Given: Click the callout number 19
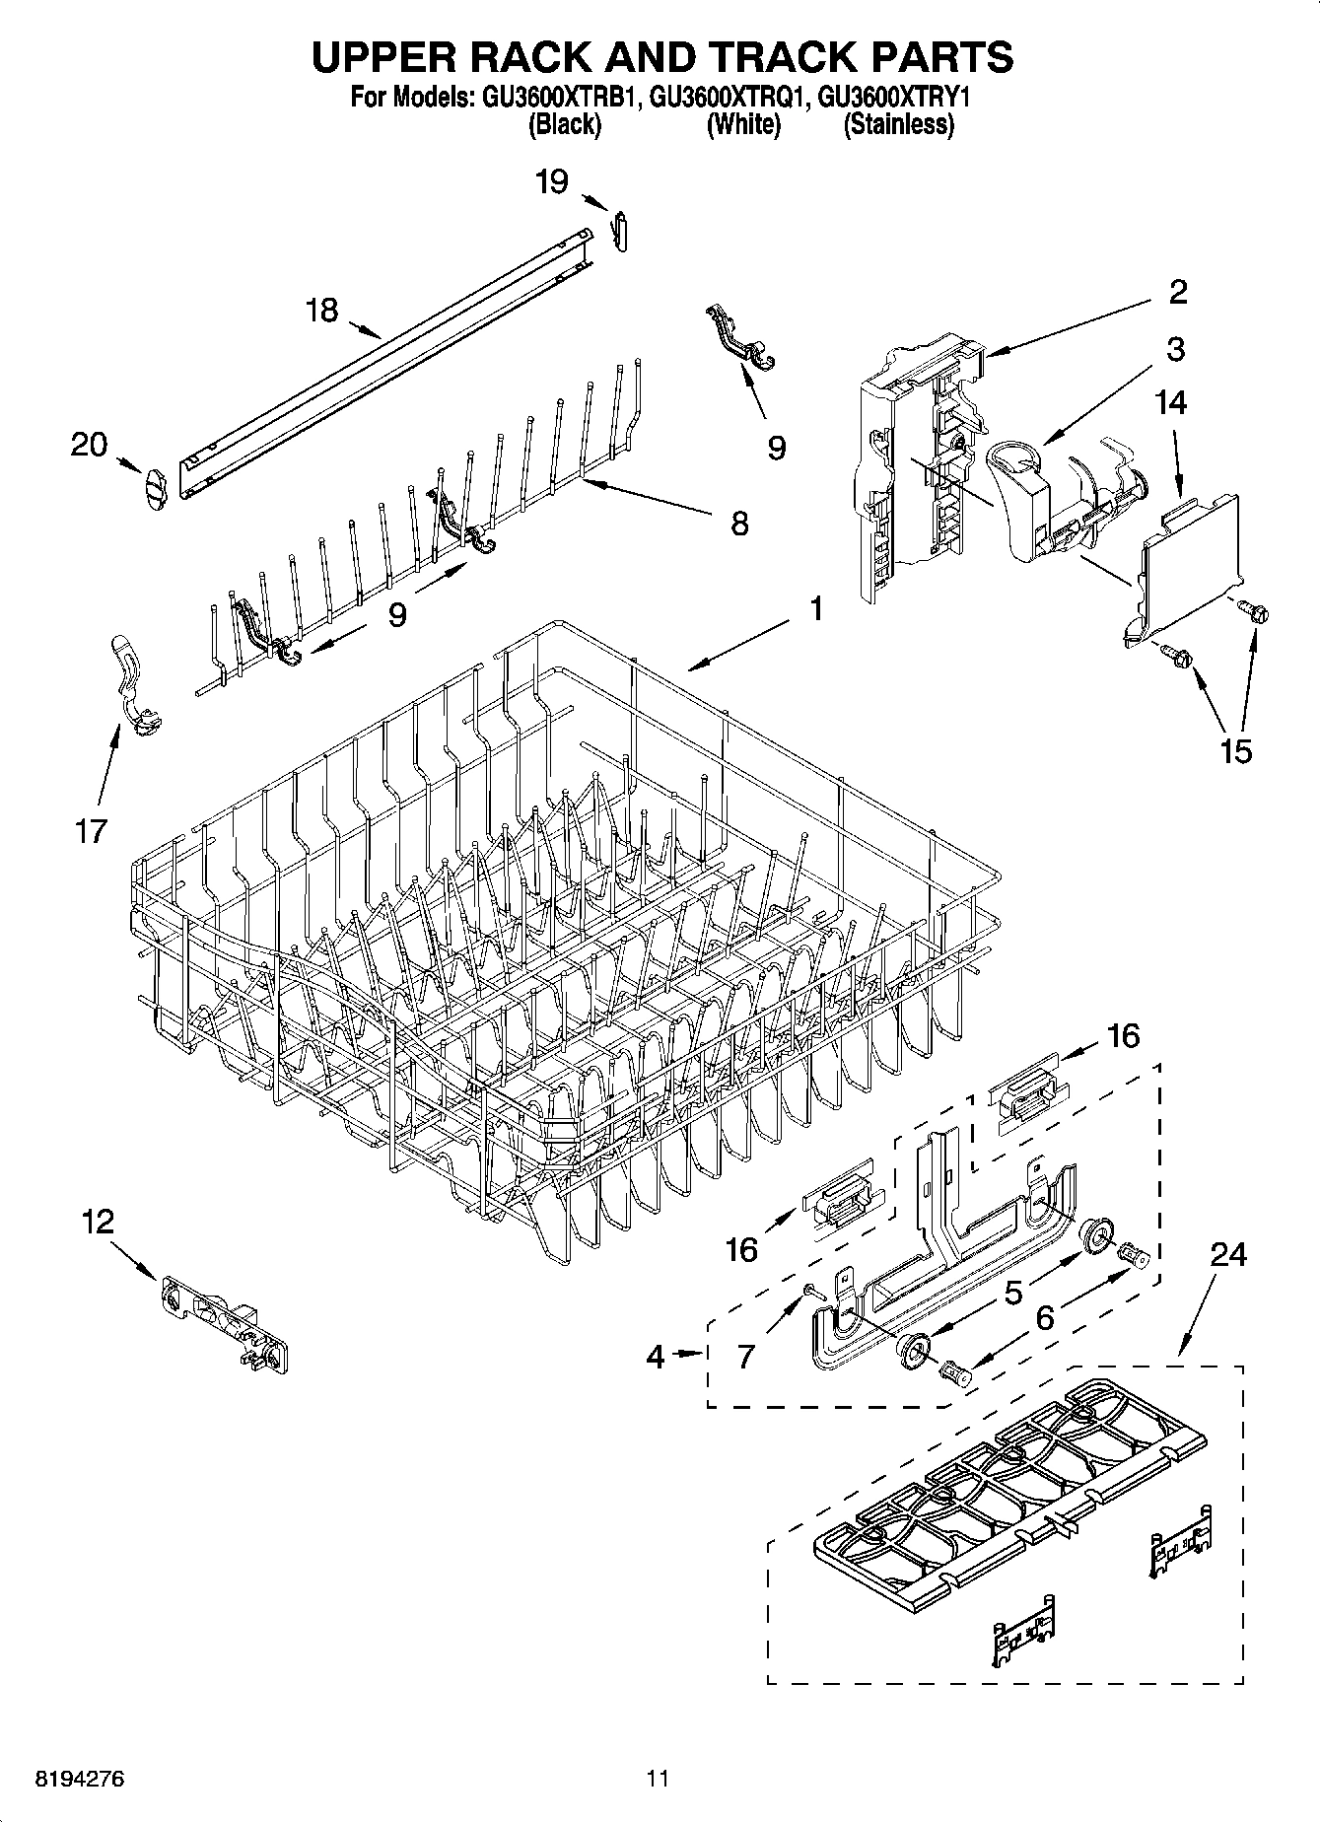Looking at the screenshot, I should [x=552, y=182].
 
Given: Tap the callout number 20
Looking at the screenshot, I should [x=89, y=445].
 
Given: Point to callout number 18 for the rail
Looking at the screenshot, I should [x=321, y=311].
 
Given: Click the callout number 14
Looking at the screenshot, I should [x=1172, y=402].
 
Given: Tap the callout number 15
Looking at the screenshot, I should [x=1235, y=750].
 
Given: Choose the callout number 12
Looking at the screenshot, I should [x=98, y=1223].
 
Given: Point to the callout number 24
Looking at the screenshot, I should [x=1228, y=1254].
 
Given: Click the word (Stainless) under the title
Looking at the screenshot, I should [x=898, y=125].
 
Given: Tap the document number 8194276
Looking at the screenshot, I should [x=81, y=1779].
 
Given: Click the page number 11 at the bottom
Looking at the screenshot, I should [x=658, y=1779].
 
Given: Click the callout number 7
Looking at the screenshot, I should [x=745, y=1357].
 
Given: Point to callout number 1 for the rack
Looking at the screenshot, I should [x=816, y=609].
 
